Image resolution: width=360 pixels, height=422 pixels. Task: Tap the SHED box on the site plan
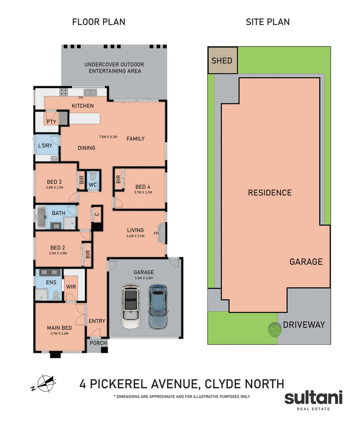(x=222, y=61)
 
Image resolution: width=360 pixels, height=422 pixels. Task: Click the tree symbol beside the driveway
(x=274, y=330)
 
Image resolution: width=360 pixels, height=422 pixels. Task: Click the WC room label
(x=93, y=184)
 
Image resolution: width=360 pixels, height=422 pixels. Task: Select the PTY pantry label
(x=51, y=122)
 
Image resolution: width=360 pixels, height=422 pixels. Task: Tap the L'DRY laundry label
(x=45, y=146)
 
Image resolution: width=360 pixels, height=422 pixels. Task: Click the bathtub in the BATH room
(x=41, y=218)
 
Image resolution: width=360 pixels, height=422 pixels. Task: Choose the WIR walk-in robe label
(x=71, y=287)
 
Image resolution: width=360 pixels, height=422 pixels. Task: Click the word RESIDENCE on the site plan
(x=270, y=193)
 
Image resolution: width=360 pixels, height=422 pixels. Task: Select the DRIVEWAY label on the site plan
(x=304, y=325)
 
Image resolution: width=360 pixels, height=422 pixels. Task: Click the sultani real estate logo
(x=313, y=400)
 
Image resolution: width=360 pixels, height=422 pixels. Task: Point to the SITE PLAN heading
(x=268, y=22)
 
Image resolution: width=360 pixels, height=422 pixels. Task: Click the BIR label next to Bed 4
(x=118, y=179)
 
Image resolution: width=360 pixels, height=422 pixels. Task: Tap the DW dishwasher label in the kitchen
(x=81, y=98)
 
